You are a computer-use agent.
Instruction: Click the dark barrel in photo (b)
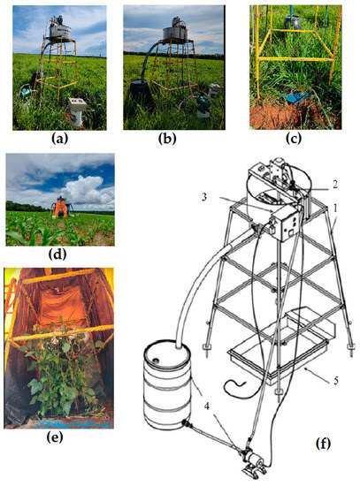pyautogui.click(x=144, y=95)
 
